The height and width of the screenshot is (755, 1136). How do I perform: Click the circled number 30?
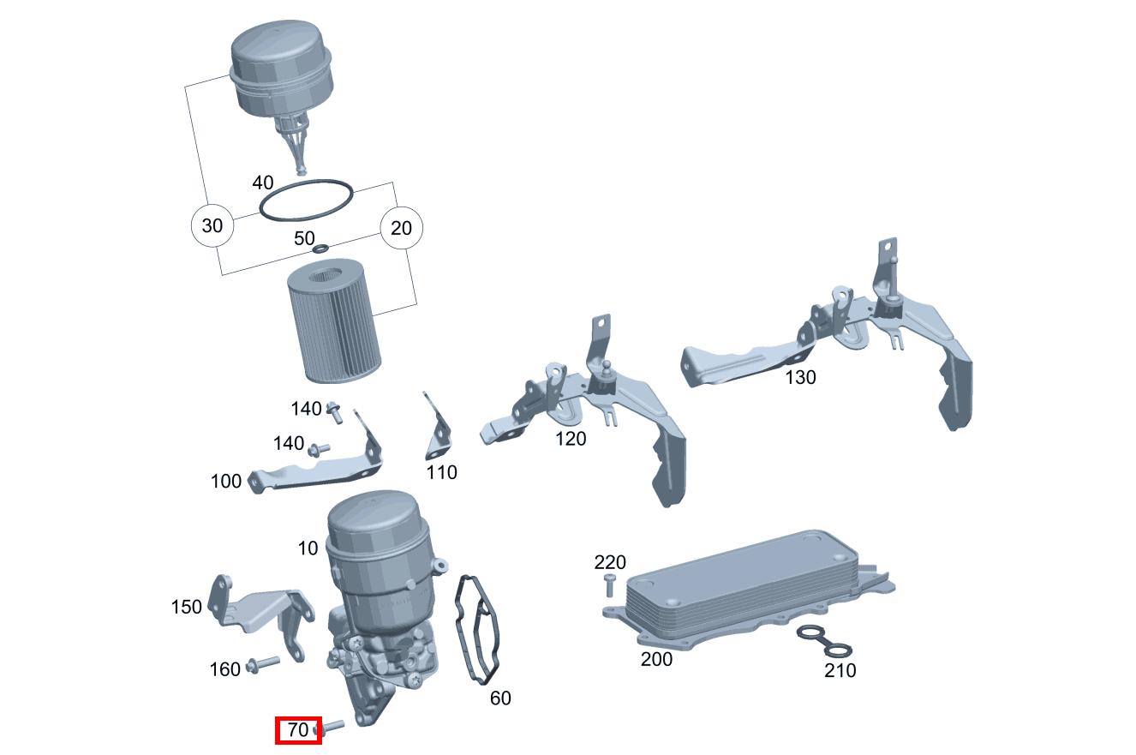pyautogui.click(x=212, y=225)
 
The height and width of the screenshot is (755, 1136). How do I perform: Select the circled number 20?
pyautogui.click(x=401, y=228)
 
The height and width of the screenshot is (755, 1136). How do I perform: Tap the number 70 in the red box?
pyautogui.click(x=297, y=729)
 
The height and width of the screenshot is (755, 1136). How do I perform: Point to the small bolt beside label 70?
pyautogui.click(x=329, y=728)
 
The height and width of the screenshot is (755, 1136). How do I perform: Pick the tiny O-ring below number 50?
pyautogui.click(x=320, y=249)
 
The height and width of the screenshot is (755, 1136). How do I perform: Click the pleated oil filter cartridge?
pyautogui.click(x=334, y=321)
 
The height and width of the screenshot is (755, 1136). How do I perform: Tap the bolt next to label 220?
pyautogui.click(x=609, y=585)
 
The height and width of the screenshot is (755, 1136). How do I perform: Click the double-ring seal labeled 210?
pyautogui.click(x=824, y=641)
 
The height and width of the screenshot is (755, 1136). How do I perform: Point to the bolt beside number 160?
pyautogui.click(x=263, y=664)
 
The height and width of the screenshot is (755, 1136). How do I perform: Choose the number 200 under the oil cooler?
pyautogui.click(x=656, y=659)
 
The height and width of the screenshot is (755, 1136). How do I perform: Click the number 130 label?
pyautogui.click(x=800, y=377)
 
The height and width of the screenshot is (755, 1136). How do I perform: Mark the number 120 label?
pyautogui.click(x=571, y=439)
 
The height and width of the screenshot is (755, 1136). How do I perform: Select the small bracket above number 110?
pyautogui.click(x=438, y=427)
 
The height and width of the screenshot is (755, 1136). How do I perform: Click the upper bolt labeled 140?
pyautogui.click(x=334, y=412)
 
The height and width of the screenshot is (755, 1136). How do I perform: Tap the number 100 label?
pyautogui.click(x=225, y=481)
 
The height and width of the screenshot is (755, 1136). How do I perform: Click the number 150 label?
pyautogui.click(x=186, y=607)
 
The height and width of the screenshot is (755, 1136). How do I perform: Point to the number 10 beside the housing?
pyautogui.click(x=308, y=548)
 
